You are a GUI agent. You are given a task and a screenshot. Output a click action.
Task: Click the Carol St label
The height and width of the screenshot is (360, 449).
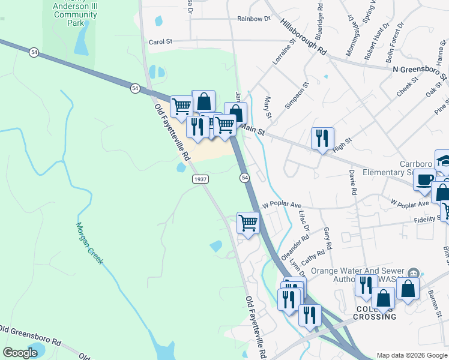tap(160, 42)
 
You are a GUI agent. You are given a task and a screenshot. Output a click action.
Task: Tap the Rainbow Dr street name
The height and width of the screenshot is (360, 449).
tap(253, 19)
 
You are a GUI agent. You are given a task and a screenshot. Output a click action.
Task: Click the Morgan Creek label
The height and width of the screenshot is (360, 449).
tap(89, 244)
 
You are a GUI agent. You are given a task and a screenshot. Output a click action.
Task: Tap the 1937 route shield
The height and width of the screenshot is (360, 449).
tap(200, 179)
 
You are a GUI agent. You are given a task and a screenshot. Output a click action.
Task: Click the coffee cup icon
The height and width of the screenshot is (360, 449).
tap(424, 179)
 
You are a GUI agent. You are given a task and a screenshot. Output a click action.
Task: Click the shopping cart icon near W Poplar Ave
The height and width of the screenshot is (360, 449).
tap(248, 223)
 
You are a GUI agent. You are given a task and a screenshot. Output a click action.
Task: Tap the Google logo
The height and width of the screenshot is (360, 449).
tap(20, 353)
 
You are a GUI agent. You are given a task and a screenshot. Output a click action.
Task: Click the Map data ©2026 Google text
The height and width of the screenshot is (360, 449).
tap(412, 355)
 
